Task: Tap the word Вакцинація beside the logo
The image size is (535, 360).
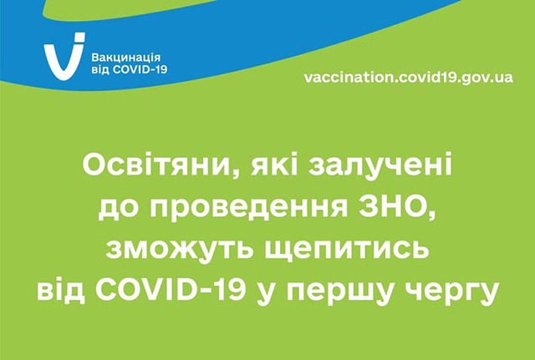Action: pos(126,58)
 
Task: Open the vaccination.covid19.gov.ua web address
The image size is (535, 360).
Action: pos(408,77)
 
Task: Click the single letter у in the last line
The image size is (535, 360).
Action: pos(267,295)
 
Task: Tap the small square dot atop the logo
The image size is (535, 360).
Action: pos(80,37)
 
